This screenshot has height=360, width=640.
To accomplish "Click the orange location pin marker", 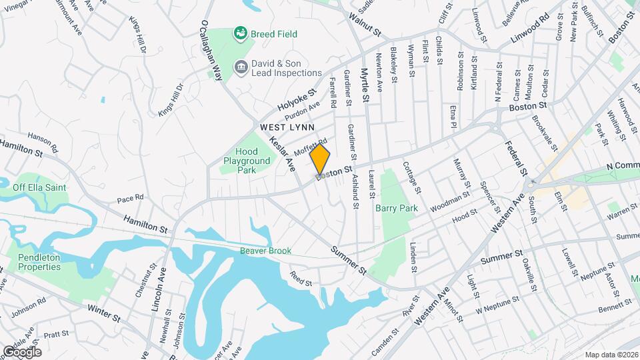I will [x=320, y=159].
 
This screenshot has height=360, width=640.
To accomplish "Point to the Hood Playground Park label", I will [x=247, y=161].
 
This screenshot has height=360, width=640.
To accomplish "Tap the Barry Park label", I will [x=396, y=209].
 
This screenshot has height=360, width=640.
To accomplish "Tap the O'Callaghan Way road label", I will [x=210, y=50].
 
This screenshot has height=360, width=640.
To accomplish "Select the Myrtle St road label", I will [x=365, y=85].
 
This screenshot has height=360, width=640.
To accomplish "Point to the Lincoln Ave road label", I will [x=158, y=290].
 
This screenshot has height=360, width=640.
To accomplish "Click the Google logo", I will [x=22, y=351].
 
